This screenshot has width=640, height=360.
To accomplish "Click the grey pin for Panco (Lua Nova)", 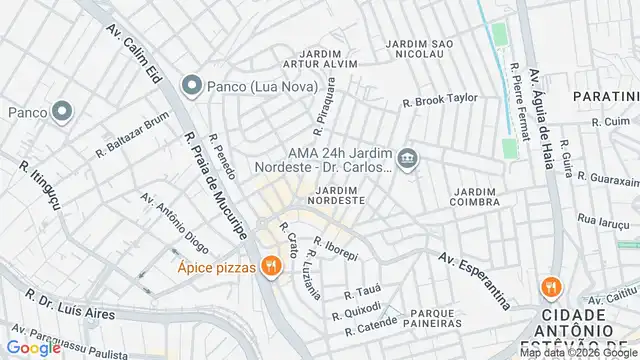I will point(192,85).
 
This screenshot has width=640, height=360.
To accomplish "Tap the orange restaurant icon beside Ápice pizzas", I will point(269,266).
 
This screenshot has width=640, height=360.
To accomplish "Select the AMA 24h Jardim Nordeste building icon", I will point(407,159).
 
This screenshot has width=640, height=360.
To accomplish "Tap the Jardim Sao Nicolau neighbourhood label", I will point(420,50).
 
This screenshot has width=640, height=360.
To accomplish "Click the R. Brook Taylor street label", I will point(440,100).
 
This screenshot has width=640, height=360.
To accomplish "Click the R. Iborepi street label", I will point(335,248).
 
